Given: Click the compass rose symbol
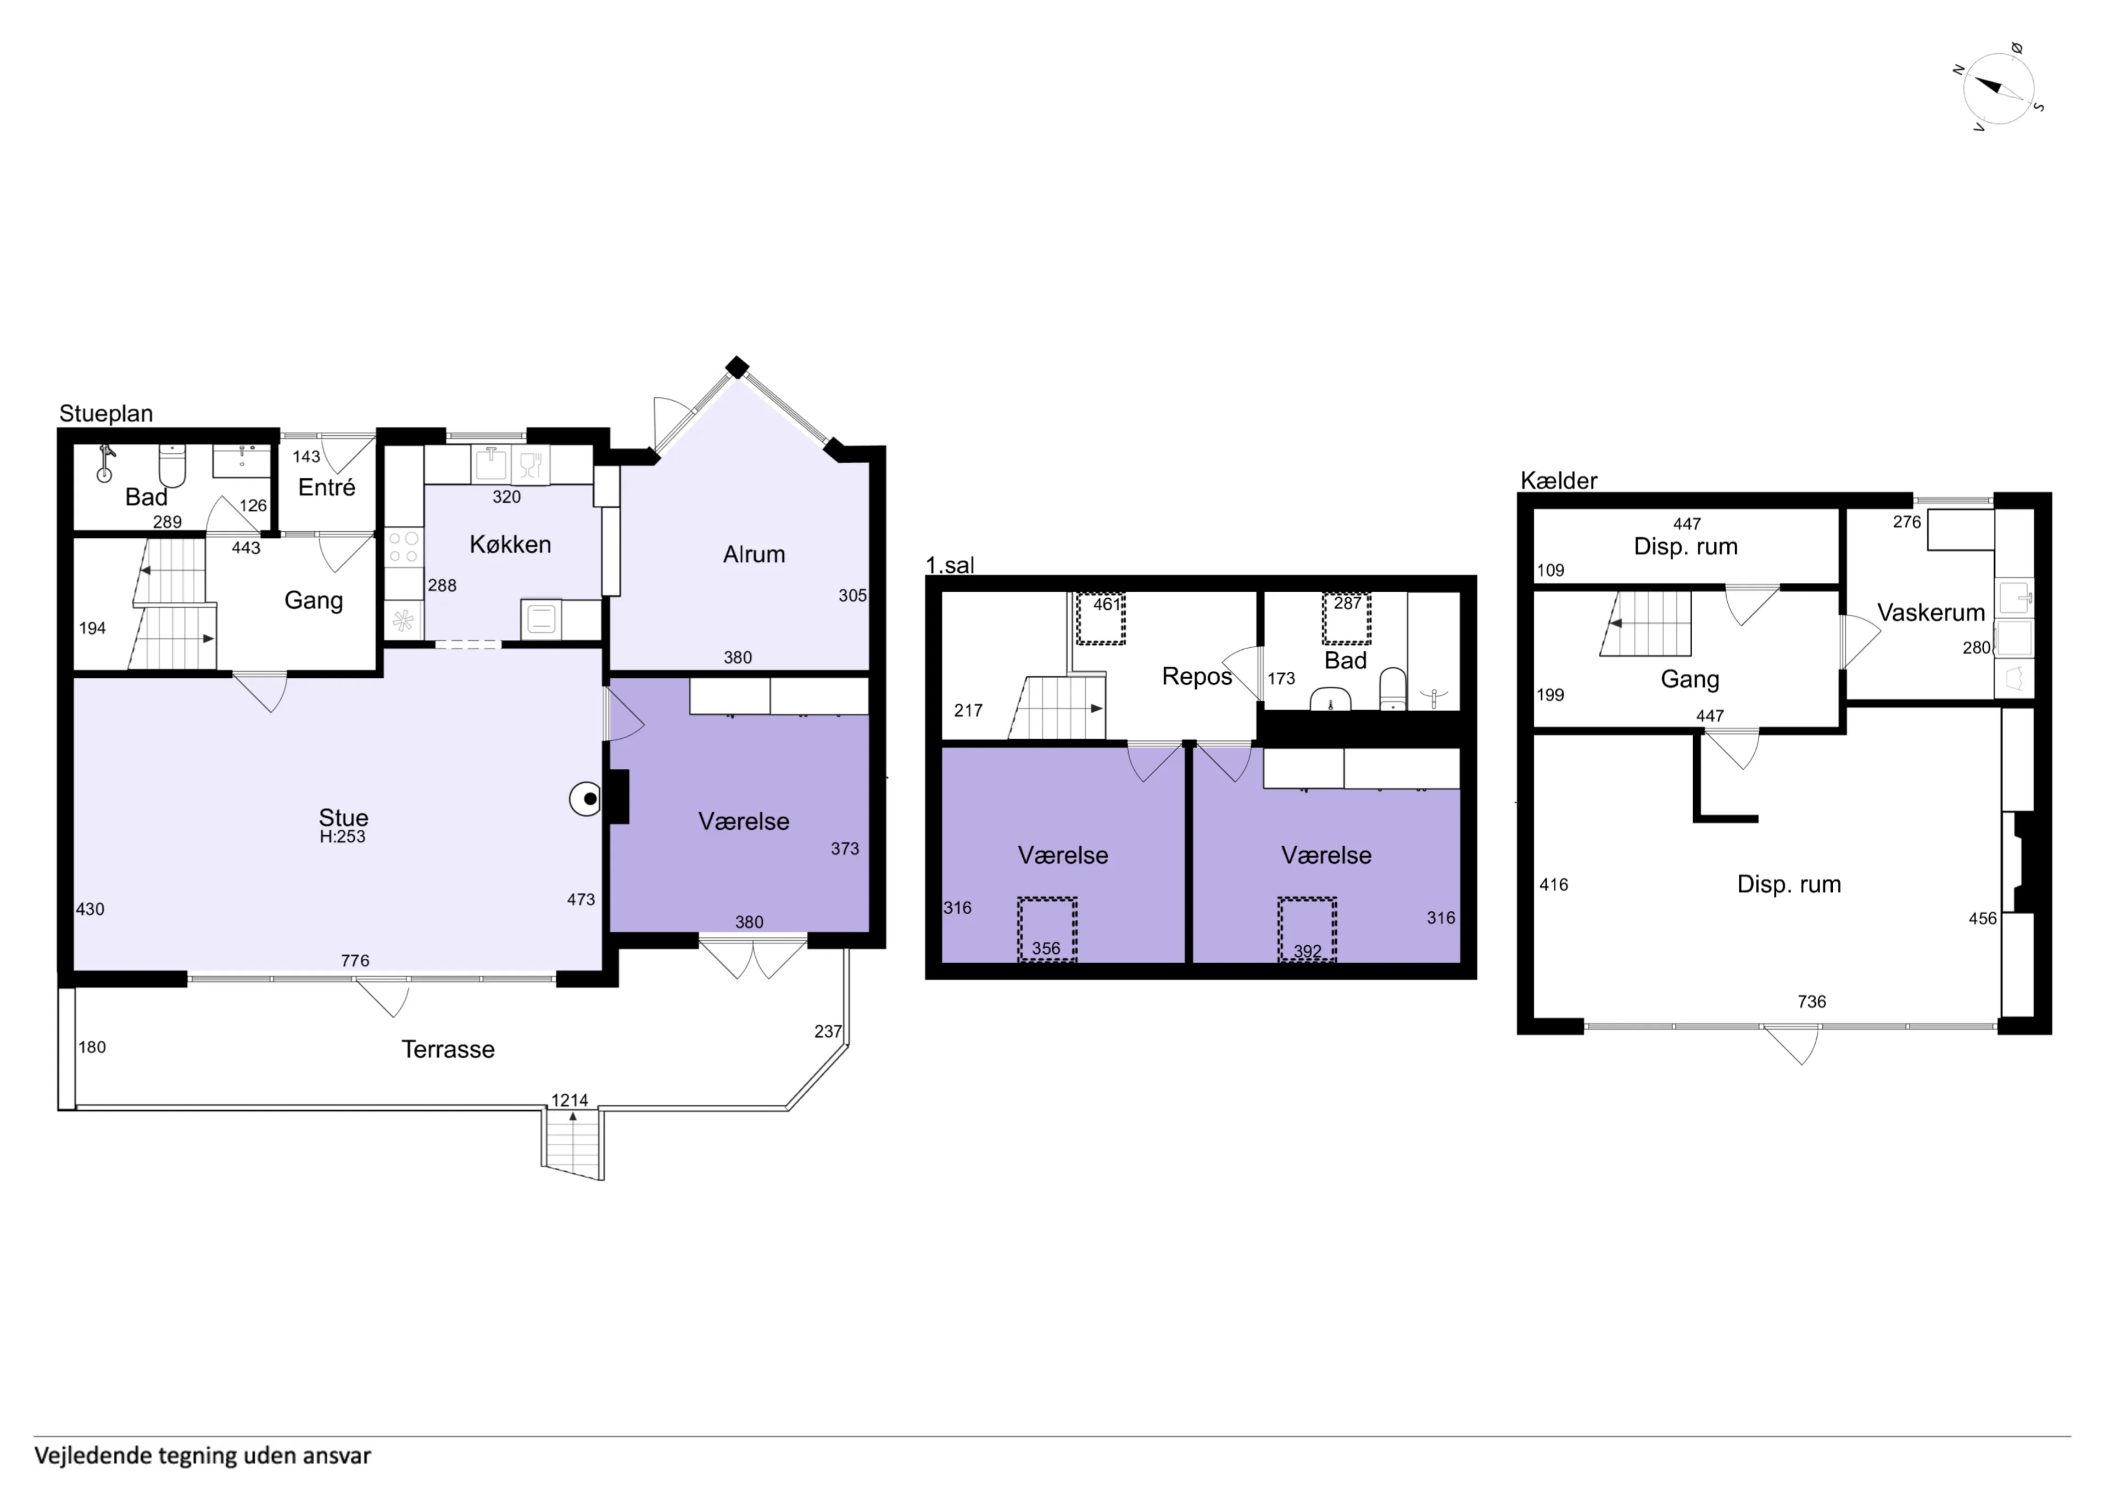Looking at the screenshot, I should coord(1999,89).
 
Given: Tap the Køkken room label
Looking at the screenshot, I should coord(510,544).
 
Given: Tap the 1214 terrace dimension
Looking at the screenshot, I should coord(570,1100).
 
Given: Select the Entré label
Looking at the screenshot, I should coord(326,487).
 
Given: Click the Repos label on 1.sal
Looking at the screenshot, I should coord(1196,677).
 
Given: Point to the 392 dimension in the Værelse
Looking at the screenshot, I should coord(1307,951).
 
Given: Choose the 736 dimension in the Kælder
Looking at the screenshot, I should coord(1811,1002).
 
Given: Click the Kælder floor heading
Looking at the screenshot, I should coord(1558,480).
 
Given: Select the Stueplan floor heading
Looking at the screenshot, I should coord(105,413).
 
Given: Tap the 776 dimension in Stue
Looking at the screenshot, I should coord(355,960).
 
